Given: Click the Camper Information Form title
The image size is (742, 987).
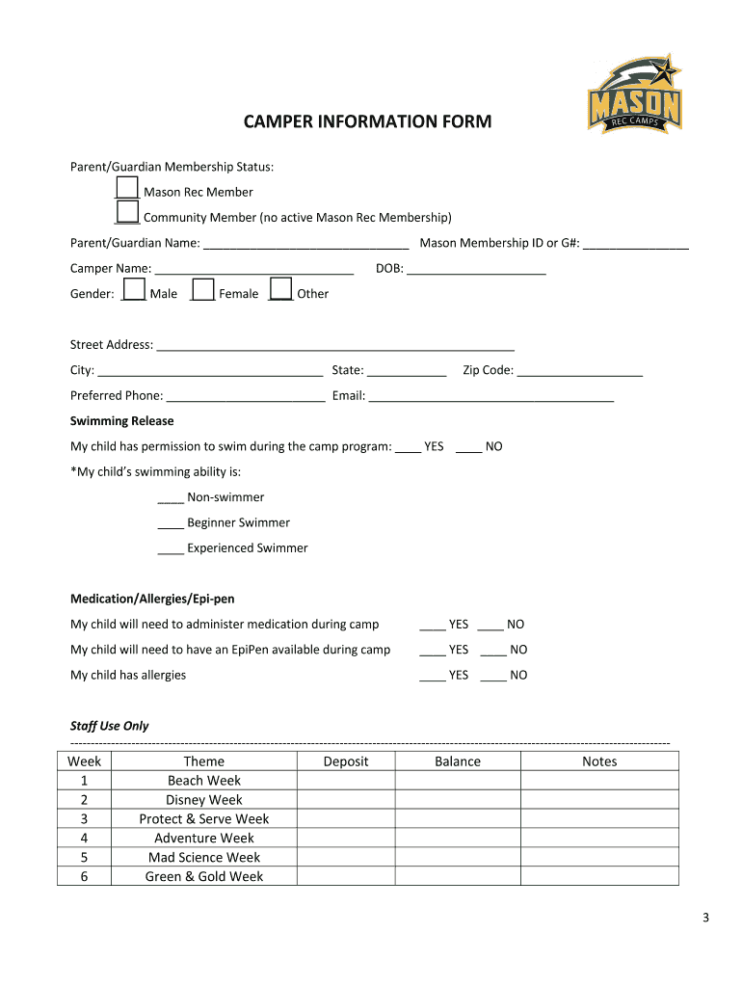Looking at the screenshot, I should pyautogui.click(x=366, y=122).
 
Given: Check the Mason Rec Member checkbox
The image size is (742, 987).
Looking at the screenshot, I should pyautogui.click(x=127, y=187).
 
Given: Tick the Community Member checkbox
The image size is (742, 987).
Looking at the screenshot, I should pyautogui.click(x=127, y=212).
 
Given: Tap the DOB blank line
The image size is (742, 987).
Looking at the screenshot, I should pyautogui.click(x=476, y=270).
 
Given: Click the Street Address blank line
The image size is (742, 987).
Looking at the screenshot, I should pyautogui.click(x=335, y=346).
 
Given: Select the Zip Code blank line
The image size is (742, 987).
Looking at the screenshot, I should pyautogui.click(x=579, y=371).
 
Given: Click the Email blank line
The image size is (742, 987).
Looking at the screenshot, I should pyautogui.click(x=490, y=396).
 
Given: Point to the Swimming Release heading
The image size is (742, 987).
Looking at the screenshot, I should pyautogui.click(x=122, y=421).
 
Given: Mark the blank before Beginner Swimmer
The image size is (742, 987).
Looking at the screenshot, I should pyautogui.click(x=171, y=524).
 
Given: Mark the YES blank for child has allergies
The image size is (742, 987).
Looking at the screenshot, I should pyautogui.click(x=432, y=677).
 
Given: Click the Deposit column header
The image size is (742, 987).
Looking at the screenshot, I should pyautogui.click(x=346, y=761).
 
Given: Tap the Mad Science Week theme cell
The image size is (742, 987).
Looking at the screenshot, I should pyautogui.click(x=204, y=857).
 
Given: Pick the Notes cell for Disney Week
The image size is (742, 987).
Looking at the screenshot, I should pyautogui.click(x=599, y=800).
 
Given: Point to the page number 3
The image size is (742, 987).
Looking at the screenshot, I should pyautogui.click(x=705, y=919).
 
